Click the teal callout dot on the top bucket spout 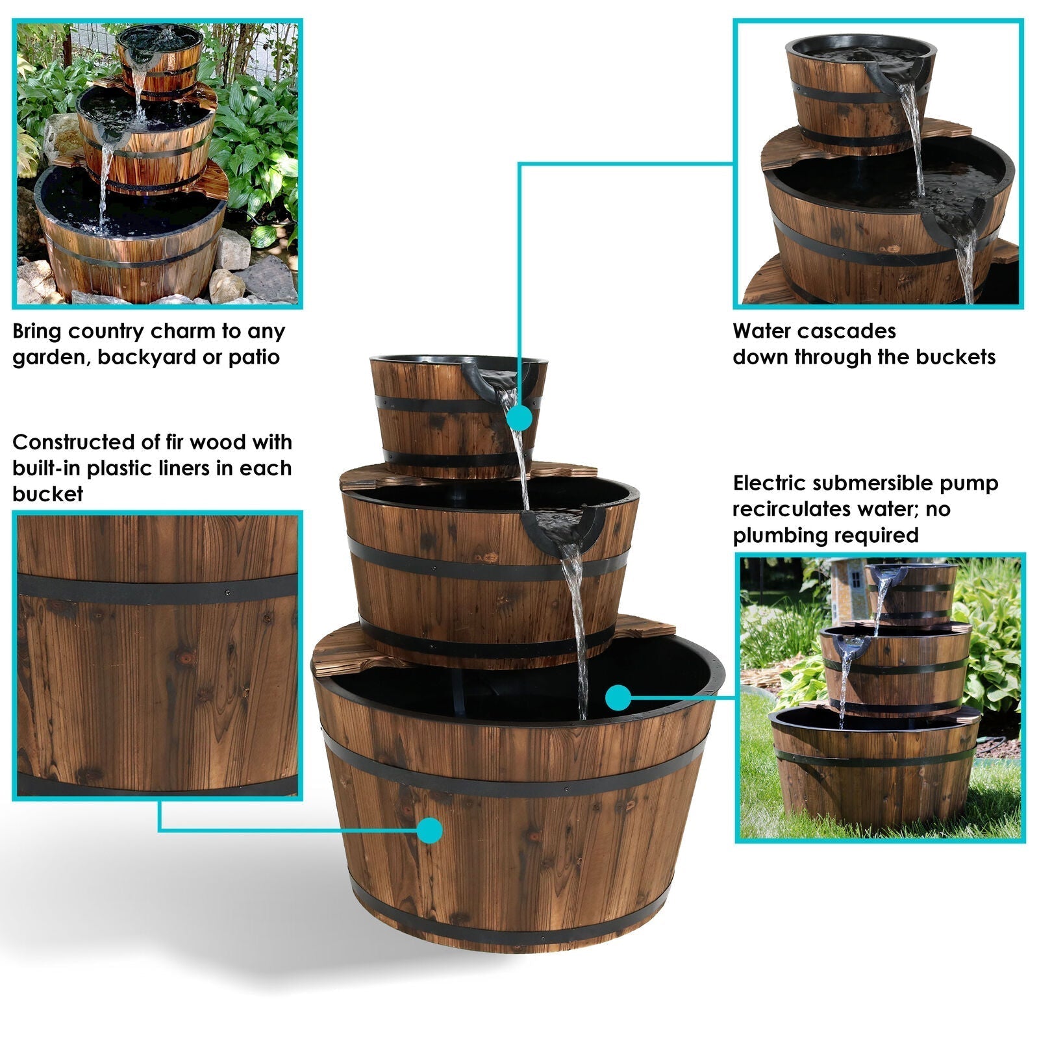[518, 419]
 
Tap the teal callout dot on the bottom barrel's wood [429, 830]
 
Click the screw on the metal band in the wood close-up [227, 592]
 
